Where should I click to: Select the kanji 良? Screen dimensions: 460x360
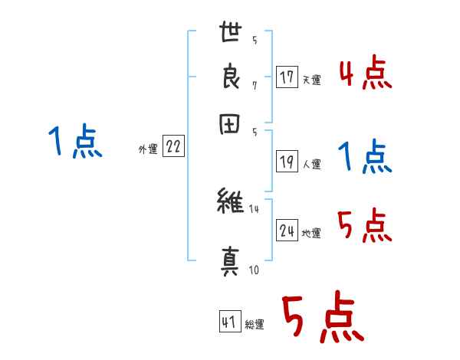point(230,79)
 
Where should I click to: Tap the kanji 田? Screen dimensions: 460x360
point(230,125)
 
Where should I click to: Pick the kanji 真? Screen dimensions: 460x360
point(230,260)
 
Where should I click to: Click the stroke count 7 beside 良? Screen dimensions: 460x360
point(254,85)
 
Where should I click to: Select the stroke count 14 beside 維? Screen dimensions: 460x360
point(255,209)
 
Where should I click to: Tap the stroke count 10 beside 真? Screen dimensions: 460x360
point(254,270)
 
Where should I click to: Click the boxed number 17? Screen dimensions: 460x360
point(287,77)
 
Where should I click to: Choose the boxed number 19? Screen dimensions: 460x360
point(287,161)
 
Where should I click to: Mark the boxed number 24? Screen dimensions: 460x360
point(287,231)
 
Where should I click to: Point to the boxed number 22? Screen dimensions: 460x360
point(172,148)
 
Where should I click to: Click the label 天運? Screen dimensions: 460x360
point(311,80)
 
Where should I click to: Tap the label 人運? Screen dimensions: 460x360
point(311,163)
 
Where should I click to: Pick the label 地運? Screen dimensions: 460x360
point(311,233)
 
